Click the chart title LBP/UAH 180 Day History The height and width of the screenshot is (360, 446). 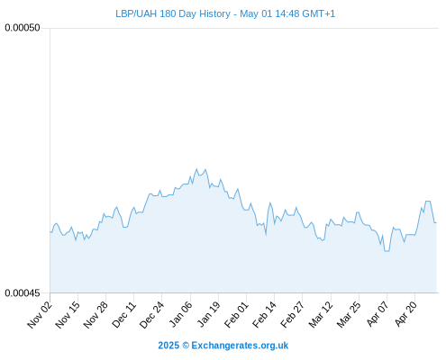(x=173, y=13)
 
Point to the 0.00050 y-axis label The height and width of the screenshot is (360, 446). (x=23, y=28)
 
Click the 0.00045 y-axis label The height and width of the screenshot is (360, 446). (x=23, y=292)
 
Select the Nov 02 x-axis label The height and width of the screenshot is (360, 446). (x=40, y=315)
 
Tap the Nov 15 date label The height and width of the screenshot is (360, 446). (x=68, y=315)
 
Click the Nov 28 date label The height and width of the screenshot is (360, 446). (x=96, y=315)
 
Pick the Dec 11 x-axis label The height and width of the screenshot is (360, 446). (x=124, y=315)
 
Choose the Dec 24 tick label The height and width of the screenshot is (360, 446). (x=152, y=315)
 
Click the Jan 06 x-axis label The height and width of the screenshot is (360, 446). (x=180, y=315)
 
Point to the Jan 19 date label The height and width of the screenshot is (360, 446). (x=208, y=315)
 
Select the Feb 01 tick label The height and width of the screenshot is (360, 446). (x=236, y=315)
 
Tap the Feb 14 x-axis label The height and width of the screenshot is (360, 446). (x=265, y=315)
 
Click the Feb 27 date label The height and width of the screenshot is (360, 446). (x=293, y=315)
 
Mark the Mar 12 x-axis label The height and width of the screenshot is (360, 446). (x=321, y=315)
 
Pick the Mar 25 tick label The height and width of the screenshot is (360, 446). (x=349, y=315)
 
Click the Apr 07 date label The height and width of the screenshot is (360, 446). (x=378, y=315)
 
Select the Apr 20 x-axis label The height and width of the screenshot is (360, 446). (x=405, y=315)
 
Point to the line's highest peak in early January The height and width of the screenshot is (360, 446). (x=197, y=169)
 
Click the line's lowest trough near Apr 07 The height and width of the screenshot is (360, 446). (x=387, y=251)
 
